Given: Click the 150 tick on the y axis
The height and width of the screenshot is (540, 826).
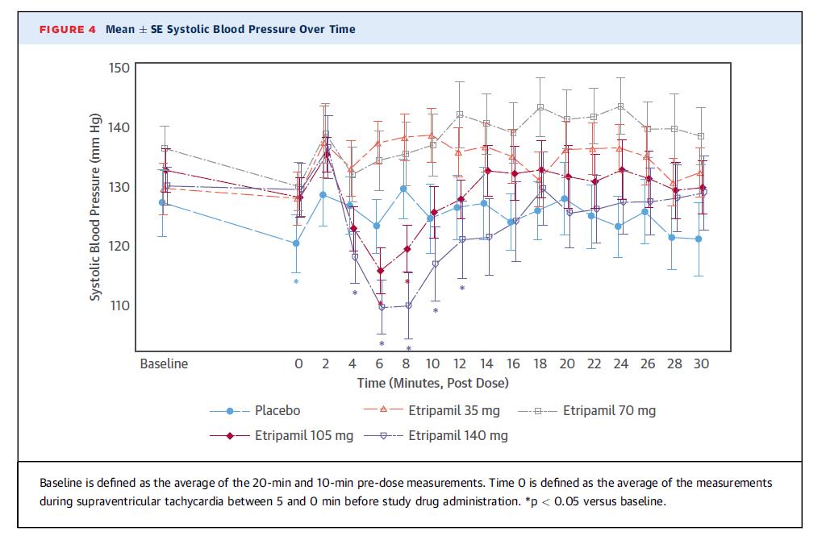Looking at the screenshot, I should coord(119,68).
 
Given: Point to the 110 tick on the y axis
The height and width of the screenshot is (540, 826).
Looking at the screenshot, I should coord(119,306).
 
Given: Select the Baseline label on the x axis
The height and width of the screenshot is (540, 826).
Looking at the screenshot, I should coord(164,363).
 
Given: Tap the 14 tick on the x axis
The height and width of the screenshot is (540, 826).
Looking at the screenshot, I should coord(486,363).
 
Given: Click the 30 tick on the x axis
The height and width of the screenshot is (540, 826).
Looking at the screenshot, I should coord(701,363).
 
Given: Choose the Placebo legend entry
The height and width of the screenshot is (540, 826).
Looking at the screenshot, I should coord(277,411).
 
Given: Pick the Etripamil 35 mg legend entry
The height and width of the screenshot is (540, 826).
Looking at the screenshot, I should coord(453,411).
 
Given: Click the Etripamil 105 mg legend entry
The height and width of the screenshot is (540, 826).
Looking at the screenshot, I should coord(303,436).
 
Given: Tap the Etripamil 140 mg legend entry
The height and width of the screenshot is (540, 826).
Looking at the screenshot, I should coord(457,436).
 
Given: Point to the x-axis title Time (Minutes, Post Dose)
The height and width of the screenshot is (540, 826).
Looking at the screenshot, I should coord(432,384).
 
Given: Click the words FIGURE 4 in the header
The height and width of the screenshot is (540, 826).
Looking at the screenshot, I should coord(68,29).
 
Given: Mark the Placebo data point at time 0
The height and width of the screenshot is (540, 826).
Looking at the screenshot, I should coord(297,243).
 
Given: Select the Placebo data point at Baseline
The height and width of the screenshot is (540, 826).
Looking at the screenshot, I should coord(163,202).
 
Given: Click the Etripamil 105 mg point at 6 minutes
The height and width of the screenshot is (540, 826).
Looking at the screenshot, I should coord(381,271).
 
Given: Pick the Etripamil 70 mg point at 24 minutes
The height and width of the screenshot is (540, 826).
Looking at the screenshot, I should coord(620,106).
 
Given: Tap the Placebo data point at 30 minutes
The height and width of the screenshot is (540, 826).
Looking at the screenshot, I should coord(699,239).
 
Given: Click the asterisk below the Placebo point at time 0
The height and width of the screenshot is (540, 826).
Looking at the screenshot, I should coord(296,282).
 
